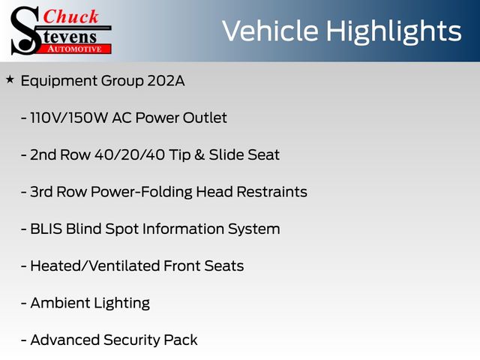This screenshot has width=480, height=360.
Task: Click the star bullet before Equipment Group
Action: (10, 79)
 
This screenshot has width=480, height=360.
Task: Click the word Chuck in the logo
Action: (70, 16)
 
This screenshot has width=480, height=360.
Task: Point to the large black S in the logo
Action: (25, 31)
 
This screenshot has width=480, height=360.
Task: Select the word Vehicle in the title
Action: (270, 31)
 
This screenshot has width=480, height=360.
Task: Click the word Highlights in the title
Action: (394, 31)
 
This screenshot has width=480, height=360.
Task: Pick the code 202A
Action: (166, 81)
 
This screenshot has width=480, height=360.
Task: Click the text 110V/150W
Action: (69, 118)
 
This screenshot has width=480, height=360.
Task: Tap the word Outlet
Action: (205, 118)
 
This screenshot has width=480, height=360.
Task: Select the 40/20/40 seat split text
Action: (130, 154)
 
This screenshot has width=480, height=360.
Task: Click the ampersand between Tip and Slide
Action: (199, 154)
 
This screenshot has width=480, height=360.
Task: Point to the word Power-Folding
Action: (142, 192)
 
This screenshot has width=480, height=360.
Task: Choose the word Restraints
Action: (271, 192)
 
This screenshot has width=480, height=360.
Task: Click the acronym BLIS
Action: (46, 229)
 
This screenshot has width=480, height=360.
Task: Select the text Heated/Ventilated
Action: (95, 265)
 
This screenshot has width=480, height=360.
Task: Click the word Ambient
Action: (60, 303)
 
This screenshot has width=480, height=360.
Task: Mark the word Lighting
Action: (121, 304)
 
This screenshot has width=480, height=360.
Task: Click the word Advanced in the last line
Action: (65, 340)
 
